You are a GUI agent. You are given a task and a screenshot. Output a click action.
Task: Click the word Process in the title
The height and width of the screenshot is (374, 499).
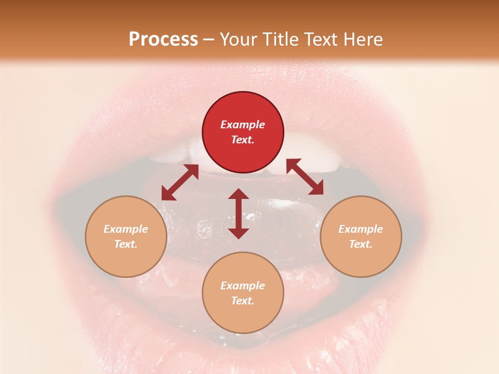163,39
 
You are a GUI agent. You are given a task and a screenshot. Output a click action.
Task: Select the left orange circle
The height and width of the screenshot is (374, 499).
126,255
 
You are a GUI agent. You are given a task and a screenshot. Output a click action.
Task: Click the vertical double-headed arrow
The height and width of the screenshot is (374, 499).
239,213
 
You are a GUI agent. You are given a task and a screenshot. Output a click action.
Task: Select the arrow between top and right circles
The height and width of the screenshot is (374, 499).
305,177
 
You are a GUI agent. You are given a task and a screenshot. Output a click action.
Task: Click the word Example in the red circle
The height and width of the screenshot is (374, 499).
243,125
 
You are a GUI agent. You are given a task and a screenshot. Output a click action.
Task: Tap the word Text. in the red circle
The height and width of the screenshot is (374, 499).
243,140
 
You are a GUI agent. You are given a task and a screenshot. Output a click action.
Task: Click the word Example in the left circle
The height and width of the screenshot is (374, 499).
126,229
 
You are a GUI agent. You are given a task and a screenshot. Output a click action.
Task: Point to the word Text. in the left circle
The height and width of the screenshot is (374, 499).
126,244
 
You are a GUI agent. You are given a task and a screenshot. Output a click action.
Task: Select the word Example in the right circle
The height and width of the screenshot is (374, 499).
361,229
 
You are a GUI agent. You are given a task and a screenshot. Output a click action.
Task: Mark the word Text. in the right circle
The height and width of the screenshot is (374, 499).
361,244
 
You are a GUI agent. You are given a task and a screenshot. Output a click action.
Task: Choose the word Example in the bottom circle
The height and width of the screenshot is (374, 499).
243,286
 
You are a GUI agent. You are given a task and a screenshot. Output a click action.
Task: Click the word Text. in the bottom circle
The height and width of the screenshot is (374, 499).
243,301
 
